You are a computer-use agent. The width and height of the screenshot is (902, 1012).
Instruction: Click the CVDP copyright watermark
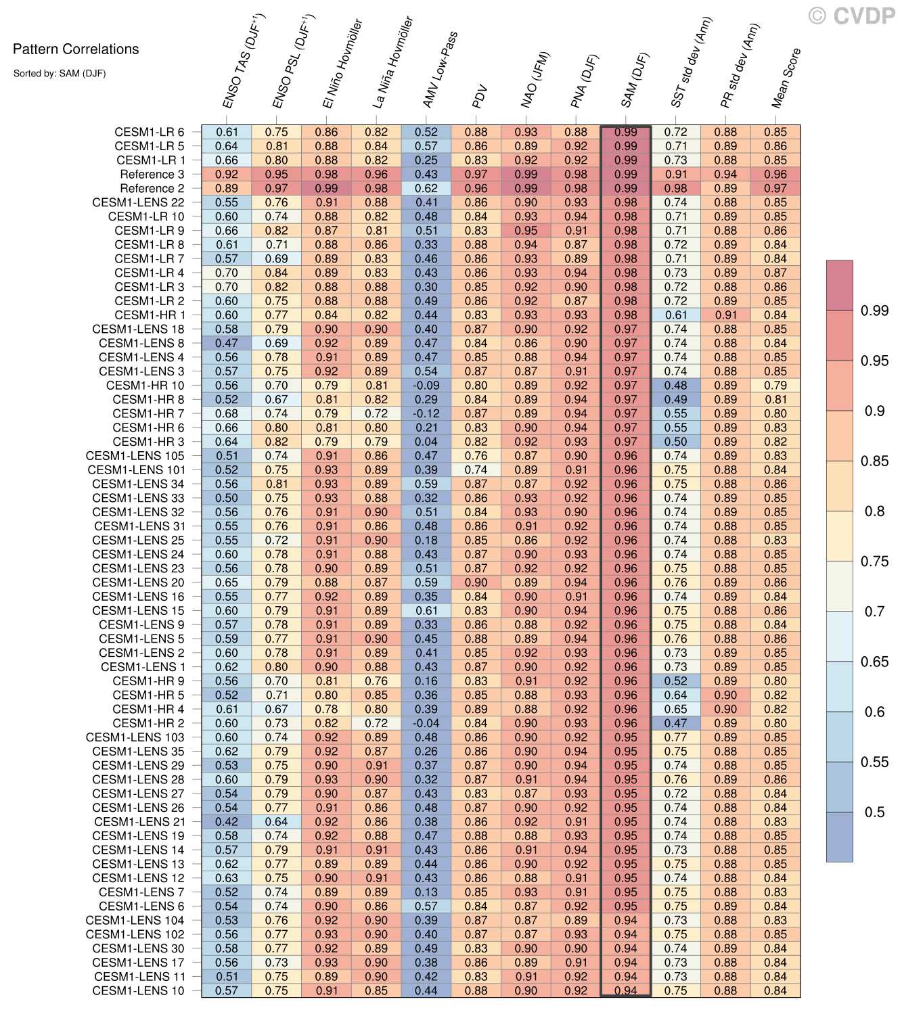852,15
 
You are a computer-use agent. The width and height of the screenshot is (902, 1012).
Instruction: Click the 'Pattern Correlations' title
76,49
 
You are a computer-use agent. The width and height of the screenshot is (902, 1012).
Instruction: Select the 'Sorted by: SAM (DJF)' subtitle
60,73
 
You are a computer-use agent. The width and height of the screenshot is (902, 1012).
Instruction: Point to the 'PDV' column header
480,98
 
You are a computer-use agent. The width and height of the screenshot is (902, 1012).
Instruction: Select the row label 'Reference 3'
152,175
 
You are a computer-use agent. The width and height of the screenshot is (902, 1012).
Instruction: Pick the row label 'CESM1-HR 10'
145,386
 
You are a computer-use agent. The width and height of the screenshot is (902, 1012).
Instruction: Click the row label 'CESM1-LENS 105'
135,456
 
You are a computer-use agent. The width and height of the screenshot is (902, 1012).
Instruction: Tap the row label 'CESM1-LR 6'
149,133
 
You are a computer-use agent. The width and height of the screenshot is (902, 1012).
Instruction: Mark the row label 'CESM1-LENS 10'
138,990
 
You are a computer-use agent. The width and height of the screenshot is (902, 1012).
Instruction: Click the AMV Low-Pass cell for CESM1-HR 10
426,386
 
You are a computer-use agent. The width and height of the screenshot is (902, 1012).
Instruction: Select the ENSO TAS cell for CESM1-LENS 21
227,822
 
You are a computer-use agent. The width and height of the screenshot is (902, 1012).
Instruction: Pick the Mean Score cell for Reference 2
775,189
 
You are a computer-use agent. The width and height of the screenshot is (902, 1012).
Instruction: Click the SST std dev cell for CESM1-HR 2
676,723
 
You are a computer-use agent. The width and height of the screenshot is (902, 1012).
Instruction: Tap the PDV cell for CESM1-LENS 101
476,470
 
